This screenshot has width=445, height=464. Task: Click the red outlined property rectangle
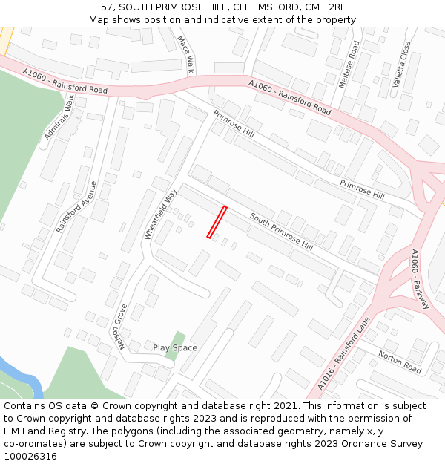click(x=217, y=222)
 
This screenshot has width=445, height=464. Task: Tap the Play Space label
click(x=175, y=347)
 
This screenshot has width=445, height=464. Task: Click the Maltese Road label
click(x=349, y=65)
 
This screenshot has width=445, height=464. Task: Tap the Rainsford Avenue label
click(x=77, y=207)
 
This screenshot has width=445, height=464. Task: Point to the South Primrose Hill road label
click(x=281, y=231)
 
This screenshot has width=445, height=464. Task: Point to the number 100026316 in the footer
click(x=30, y=456)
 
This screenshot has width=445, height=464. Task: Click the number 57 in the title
click(x=108, y=7)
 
